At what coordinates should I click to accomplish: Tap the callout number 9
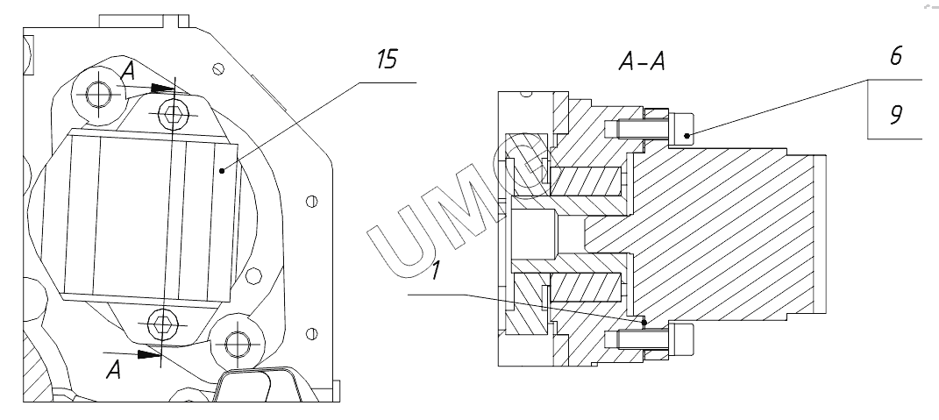pyautogui.click(x=894, y=116)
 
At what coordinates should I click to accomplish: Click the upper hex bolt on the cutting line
pyautogui.click(x=174, y=110)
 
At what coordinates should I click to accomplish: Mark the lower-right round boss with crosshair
pyautogui.click(x=234, y=342)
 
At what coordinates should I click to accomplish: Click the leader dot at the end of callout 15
pyautogui.click(x=223, y=170)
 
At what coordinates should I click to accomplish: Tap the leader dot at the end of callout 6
pyautogui.click(x=686, y=134)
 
